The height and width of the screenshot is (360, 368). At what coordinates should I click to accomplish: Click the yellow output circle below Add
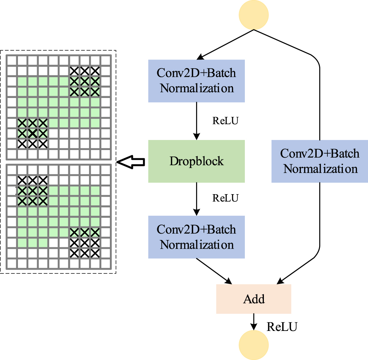click(254, 345)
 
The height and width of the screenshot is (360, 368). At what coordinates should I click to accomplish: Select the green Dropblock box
click(196, 161)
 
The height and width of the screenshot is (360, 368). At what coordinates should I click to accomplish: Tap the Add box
click(254, 299)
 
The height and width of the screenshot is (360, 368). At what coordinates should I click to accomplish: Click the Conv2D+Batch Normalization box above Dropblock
click(196, 81)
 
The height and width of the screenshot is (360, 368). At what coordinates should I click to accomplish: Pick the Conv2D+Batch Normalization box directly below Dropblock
click(196, 237)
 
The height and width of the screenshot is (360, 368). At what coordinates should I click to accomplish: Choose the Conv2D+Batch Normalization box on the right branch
click(320, 161)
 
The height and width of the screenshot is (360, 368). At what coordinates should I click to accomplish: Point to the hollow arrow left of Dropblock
click(131, 163)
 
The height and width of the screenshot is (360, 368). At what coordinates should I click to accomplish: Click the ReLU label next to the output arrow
click(282, 327)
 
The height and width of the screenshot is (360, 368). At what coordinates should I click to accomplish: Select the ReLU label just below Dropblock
click(225, 198)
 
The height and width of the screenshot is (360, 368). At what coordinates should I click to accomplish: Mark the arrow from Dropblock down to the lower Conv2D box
click(196, 198)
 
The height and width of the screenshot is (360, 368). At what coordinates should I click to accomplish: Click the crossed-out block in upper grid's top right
click(84, 81)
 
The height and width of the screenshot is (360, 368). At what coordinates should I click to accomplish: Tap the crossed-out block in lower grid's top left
click(32, 191)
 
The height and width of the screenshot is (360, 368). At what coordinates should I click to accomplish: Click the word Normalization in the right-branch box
click(320, 169)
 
